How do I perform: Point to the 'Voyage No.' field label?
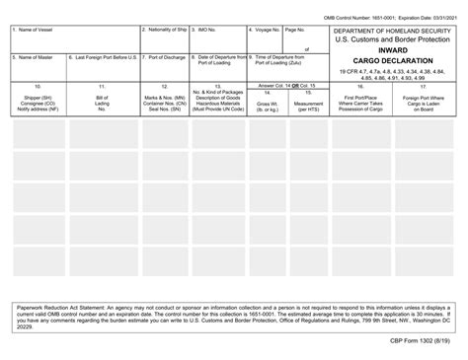264,30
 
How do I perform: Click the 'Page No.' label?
294,30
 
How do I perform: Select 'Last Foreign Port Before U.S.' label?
103,58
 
